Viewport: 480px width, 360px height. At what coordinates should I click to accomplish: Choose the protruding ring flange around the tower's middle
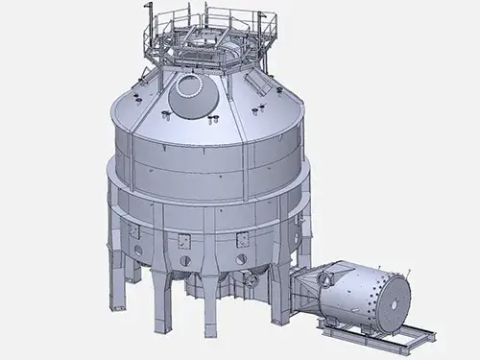(206, 192)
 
